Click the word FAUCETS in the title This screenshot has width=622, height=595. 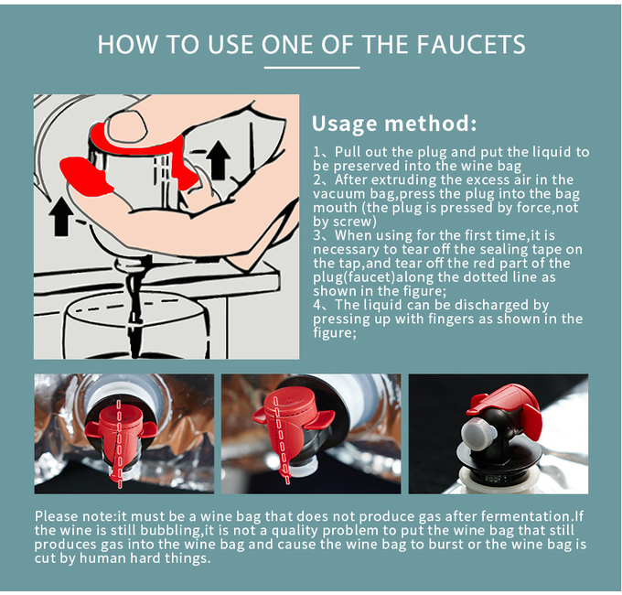(x=471, y=44)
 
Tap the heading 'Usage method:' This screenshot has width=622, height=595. (x=394, y=123)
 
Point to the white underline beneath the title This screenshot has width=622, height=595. (x=312, y=68)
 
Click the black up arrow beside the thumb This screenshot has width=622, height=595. (x=219, y=160)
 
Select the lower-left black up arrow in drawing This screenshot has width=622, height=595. (x=60, y=216)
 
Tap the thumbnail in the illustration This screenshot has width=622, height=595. (x=126, y=125)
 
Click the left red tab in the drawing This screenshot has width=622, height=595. (x=84, y=176)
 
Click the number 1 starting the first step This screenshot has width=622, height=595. (x=316, y=152)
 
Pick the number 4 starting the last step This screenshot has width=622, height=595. (x=317, y=305)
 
